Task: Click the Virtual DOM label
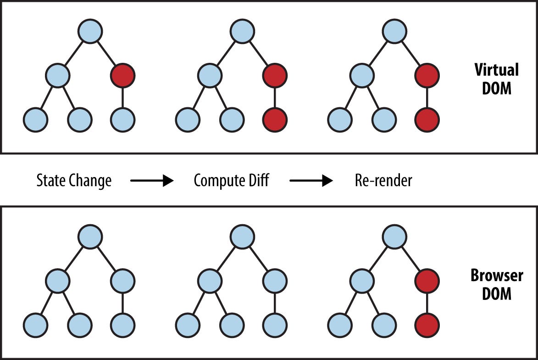point(497,79)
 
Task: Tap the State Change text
point(74,181)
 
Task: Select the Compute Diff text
point(231,181)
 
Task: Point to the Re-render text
point(383,181)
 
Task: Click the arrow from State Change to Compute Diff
point(152,181)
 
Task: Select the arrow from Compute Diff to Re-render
point(311,181)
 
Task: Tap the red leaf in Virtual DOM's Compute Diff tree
point(275,119)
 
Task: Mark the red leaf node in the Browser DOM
point(427,325)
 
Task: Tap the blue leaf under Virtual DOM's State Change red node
point(122,119)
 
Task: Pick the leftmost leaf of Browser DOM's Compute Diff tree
point(188,325)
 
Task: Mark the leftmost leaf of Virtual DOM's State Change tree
point(35,119)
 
